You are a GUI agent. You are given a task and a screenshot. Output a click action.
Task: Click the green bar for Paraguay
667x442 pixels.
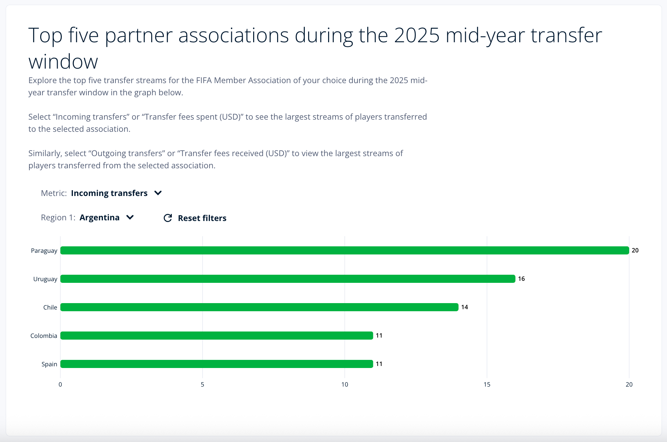[x=344, y=250]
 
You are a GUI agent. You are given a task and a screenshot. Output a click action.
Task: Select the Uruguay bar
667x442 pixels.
[x=288, y=279]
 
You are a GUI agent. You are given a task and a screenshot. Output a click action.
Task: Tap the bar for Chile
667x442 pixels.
[x=259, y=307]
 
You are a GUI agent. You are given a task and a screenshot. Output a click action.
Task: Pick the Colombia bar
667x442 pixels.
[x=217, y=336]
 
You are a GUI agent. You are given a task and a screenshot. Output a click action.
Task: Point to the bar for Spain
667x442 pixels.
[x=217, y=364]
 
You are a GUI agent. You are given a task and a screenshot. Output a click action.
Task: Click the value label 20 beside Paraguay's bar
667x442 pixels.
[x=635, y=250]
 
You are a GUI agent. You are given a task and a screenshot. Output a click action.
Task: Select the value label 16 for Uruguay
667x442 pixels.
[x=521, y=279]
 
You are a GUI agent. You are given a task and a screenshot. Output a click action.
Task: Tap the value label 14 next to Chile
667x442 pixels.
[x=464, y=307]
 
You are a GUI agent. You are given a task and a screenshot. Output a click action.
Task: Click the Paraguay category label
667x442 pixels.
[x=44, y=251]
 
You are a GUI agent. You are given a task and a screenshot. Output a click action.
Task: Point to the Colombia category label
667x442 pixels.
[x=44, y=336]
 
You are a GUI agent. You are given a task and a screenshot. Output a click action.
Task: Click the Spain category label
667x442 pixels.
[x=49, y=364]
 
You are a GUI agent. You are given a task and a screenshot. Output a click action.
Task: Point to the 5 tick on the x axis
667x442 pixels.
[x=203, y=385]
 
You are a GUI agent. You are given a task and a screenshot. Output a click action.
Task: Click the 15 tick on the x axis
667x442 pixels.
[x=487, y=385]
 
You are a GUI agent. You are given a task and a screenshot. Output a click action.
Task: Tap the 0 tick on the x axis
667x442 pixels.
[x=60, y=385]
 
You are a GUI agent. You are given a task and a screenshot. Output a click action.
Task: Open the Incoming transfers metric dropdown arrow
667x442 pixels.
[x=158, y=193]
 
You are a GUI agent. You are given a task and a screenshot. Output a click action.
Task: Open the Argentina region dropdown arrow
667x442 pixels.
[x=130, y=217]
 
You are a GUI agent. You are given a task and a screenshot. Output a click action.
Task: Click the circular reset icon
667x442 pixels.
[x=168, y=218]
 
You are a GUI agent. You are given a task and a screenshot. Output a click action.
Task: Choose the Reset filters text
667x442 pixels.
[x=202, y=218]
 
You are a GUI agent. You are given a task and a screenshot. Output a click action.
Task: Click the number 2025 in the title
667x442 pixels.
[x=417, y=35]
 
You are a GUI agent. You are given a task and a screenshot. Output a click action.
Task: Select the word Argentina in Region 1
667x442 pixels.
[x=100, y=218]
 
